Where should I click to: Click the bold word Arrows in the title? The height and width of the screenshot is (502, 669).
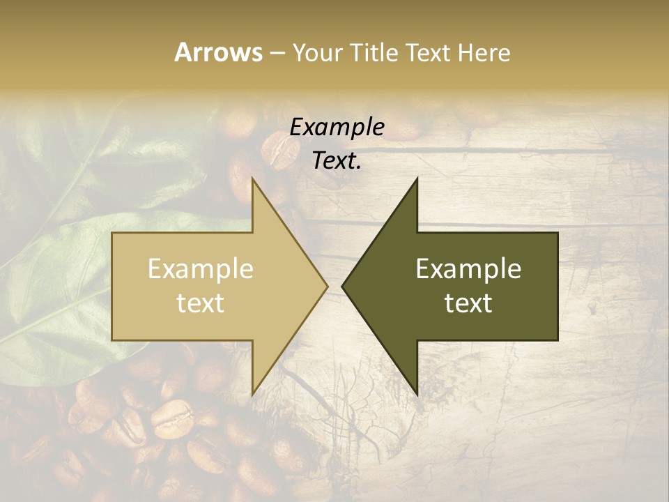(x=218, y=52)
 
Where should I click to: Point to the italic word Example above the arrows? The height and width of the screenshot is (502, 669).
(x=337, y=127)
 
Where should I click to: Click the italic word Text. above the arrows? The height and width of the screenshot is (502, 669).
(x=337, y=160)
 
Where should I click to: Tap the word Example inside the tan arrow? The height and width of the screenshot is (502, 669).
(x=201, y=268)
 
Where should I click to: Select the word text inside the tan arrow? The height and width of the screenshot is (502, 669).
(x=201, y=303)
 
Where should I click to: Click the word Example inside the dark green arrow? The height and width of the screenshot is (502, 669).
(x=468, y=268)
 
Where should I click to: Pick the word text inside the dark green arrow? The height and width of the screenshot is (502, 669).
(x=468, y=303)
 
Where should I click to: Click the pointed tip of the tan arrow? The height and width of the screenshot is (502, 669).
(x=327, y=286)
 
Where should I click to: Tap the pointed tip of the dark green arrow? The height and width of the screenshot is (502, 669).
(x=342, y=286)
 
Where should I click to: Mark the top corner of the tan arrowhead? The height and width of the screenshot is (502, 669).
(x=252, y=179)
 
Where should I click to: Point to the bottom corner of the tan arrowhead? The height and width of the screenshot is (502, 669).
(x=252, y=394)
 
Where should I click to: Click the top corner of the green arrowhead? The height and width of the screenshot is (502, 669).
(x=417, y=179)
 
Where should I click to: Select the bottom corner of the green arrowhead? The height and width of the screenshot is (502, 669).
(x=417, y=394)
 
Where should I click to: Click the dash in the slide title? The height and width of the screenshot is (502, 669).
(x=277, y=54)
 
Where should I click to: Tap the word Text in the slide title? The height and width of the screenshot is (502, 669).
(x=430, y=53)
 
